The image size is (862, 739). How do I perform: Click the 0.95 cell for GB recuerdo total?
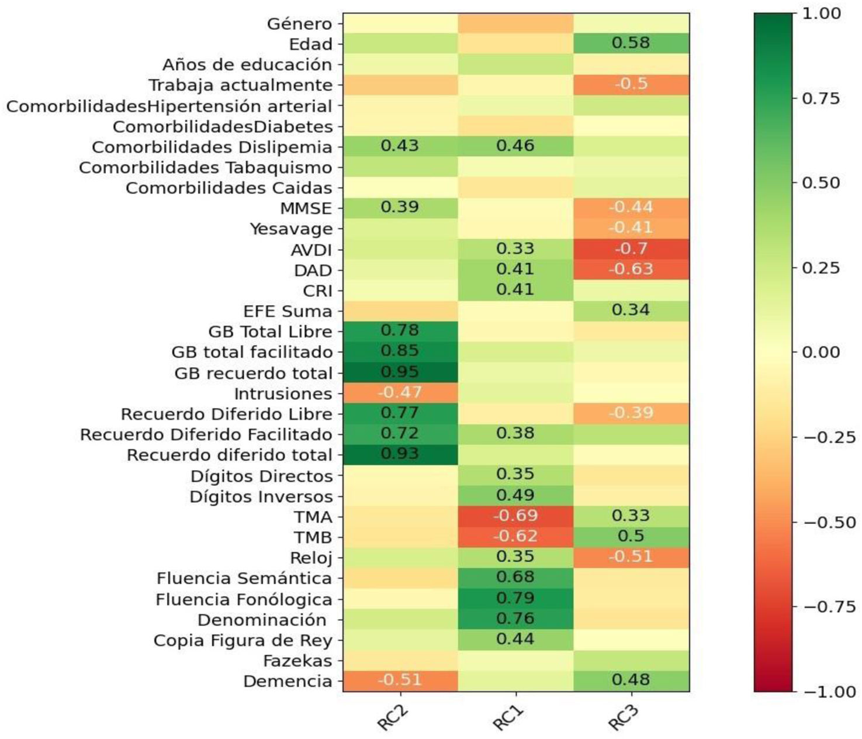400,372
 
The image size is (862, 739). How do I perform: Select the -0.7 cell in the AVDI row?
631,248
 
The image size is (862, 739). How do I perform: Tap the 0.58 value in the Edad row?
631,43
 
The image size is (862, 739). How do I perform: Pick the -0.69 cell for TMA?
515,516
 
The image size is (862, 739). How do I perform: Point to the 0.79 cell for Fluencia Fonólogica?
515,598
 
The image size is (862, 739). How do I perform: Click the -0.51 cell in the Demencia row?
400,680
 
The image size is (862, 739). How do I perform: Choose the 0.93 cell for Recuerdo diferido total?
400,454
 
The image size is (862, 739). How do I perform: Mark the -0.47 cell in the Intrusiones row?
400,392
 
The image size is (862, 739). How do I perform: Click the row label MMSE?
306,209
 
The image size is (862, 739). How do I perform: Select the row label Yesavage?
291,229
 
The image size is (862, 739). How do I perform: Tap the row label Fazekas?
297,661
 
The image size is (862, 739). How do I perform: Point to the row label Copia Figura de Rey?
243,641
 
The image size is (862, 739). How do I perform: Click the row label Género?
299,24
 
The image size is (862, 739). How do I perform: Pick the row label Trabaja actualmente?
240,85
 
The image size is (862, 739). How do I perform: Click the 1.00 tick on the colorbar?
822,13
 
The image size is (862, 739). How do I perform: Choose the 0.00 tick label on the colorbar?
822,353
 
